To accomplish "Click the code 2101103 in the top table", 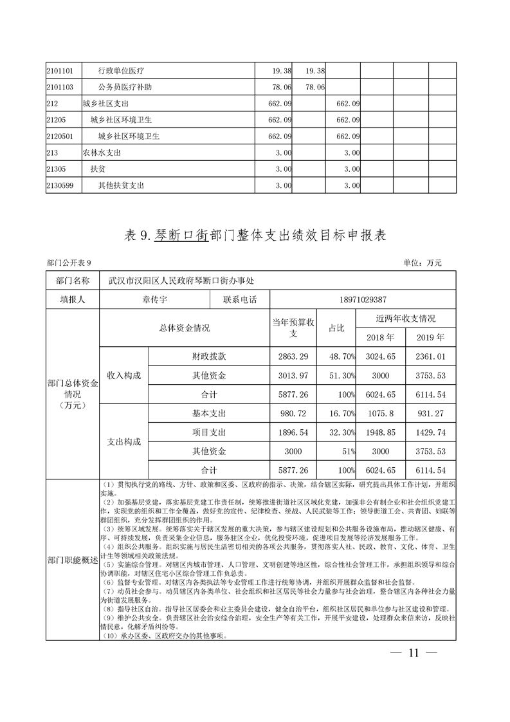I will coord(60,86).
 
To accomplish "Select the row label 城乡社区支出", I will coord(105,103).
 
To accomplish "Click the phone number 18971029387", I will coord(363,299).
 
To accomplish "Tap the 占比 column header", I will coord(336,328).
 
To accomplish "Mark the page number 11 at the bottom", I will coord(414,653).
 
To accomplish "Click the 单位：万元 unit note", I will coord(423,263).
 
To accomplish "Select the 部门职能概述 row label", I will coord(73,560).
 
